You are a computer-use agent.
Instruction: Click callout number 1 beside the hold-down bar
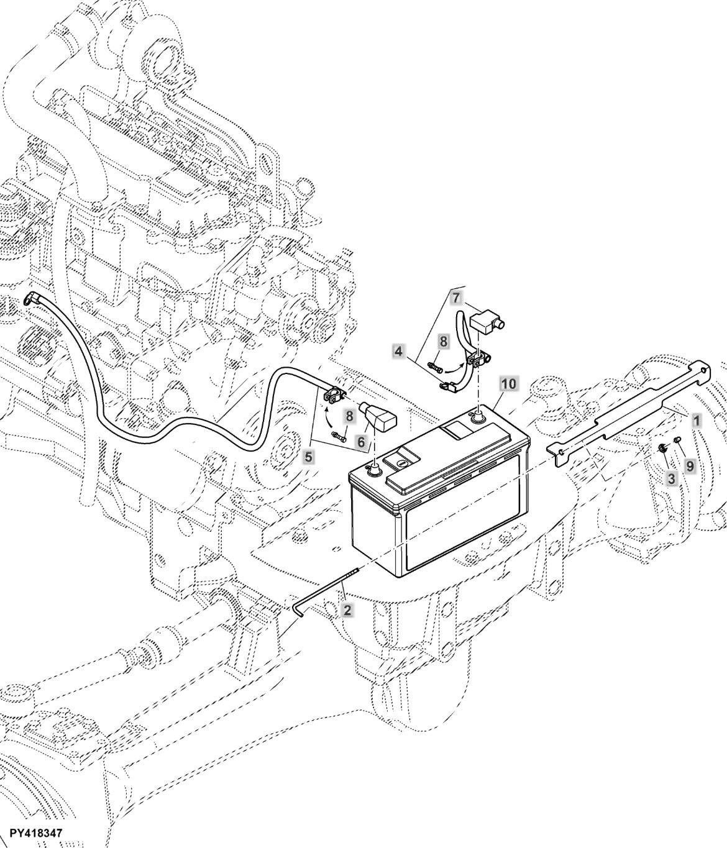point(697,420)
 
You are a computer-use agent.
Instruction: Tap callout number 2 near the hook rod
point(347,611)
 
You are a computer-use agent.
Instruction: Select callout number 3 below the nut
point(671,478)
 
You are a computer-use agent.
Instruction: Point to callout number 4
point(398,351)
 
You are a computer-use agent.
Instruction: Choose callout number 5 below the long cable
point(309,456)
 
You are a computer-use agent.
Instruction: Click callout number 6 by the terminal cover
point(361,442)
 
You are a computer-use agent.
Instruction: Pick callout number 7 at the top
point(457,298)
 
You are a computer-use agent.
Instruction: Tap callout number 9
point(690,466)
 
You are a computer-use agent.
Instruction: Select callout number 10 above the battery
point(509,384)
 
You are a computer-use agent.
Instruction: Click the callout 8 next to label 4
point(443,342)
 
